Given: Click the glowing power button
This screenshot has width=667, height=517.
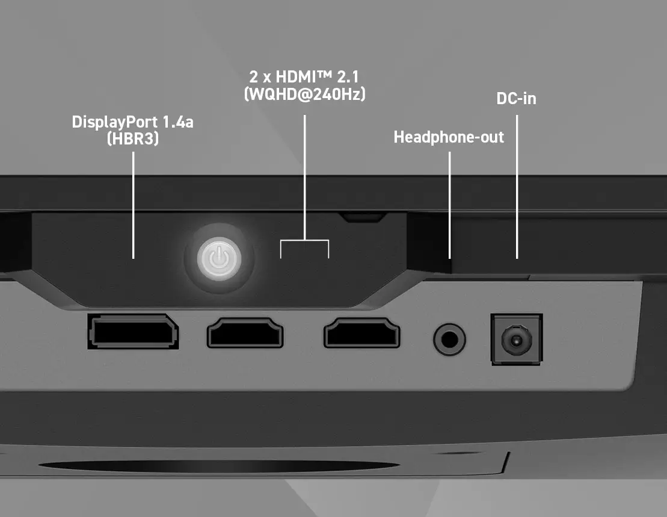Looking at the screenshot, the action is click(219, 259).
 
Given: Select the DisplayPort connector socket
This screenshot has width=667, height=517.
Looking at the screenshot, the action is click(133, 332).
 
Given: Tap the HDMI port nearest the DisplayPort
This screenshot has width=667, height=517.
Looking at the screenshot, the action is click(245, 333).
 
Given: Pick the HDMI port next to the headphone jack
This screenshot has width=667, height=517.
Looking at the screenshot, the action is click(361, 333).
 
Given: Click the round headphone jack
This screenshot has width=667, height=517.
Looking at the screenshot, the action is click(449, 339).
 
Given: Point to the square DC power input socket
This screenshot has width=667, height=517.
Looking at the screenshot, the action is click(517, 339).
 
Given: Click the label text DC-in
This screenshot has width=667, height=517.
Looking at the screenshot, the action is click(517, 99).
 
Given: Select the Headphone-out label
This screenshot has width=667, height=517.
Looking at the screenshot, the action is click(449, 137).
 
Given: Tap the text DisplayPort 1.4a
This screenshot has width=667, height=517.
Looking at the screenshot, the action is click(133, 122).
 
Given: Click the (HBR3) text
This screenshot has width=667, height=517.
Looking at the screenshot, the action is click(133, 138).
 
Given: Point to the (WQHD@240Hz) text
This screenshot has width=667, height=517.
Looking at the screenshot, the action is click(304, 94).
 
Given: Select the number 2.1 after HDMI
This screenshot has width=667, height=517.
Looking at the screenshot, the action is click(348, 77).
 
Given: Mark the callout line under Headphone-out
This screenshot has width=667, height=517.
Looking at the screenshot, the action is click(450, 205).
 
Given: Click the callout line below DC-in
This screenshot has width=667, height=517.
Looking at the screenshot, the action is click(517, 187).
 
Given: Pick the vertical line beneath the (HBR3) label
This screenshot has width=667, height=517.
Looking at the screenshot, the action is click(133, 205).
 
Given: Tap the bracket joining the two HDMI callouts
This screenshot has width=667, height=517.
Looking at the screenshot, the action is click(304, 240).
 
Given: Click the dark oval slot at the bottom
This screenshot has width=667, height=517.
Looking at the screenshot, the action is click(219, 466).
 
